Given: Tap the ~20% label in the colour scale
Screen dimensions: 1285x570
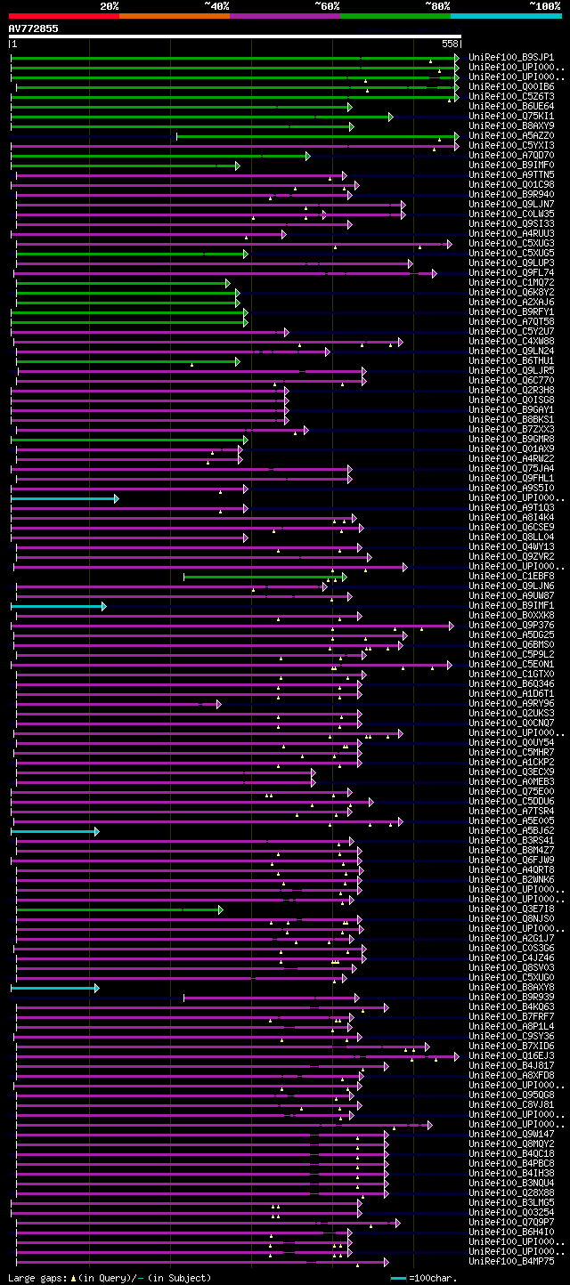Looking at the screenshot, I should click(x=109, y=5).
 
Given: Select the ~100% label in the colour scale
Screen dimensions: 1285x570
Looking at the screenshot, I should click(x=544, y=5).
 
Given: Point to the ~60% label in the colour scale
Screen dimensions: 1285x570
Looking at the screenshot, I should click(x=327, y=5).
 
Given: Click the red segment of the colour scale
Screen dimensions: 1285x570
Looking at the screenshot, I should click(x=63, y=15).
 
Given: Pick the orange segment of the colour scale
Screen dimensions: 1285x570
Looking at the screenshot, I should click(x=174, y=15).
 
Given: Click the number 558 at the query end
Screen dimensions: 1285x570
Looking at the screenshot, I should click(x=450, y=44).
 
